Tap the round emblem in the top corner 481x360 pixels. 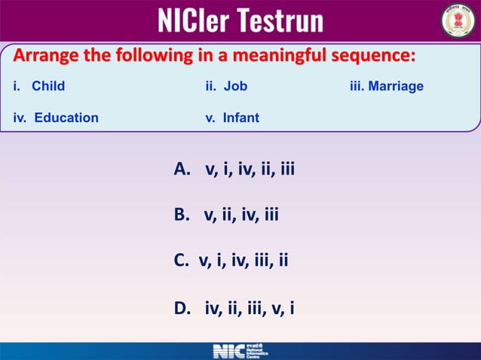tap(458, 20)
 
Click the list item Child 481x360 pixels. tap(48, 86)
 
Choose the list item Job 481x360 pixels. tap(235, 86)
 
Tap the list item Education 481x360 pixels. tap(66, 117)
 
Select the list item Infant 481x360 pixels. tap(240, 117)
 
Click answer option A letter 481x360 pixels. tap(182, 169)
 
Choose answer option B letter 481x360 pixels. tap(181, 215)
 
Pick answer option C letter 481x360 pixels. tap(181, 261)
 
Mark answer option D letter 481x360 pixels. tap(182, 308)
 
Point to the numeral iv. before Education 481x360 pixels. tap(20, 117)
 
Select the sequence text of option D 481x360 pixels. tap(250, 308)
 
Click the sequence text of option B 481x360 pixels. tap(241, 215)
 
